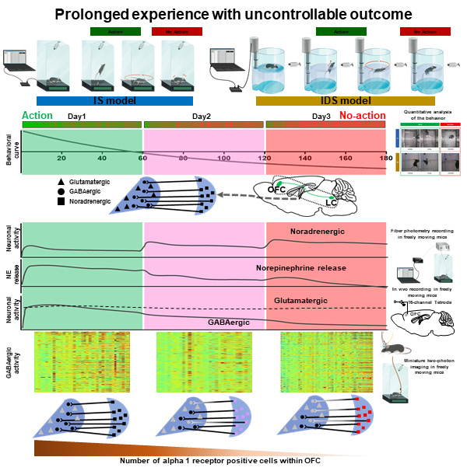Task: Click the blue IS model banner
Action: (114, 101)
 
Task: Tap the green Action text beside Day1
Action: (38, 116)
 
